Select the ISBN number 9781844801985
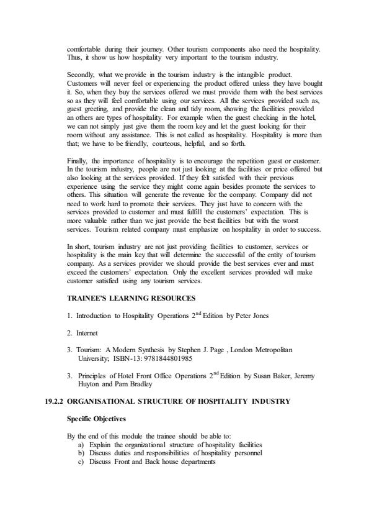pos(171,358)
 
